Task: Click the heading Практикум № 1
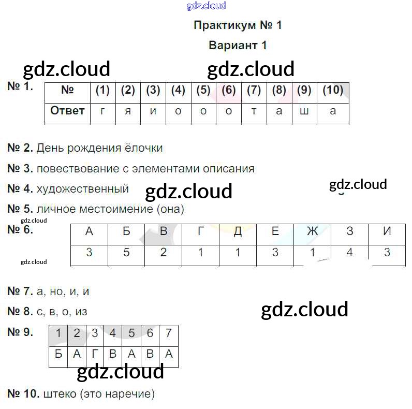click(x=238, y=25)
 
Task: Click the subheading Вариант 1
click(x=238, y=45)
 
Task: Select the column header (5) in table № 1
click(x=203, y=91)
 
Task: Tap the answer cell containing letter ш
click(x=304, y=111)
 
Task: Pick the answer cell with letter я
click(x=128, y=111)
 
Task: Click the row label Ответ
click(x=67, y=111)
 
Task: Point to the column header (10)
click(x=333, y=91)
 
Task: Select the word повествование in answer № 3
click(x=71, y=169)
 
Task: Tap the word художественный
click(x=83, y=189)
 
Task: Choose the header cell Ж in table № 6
click(x=312, y=232)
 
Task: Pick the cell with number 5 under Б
click(x=127, y=253)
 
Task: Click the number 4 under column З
click(x=350, y=253)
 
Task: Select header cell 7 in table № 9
click(x=168, y=333)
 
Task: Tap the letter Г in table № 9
click(x=95, y=355)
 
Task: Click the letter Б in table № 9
click(x=58, y=355)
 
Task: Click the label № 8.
click(x=20, y=312)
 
